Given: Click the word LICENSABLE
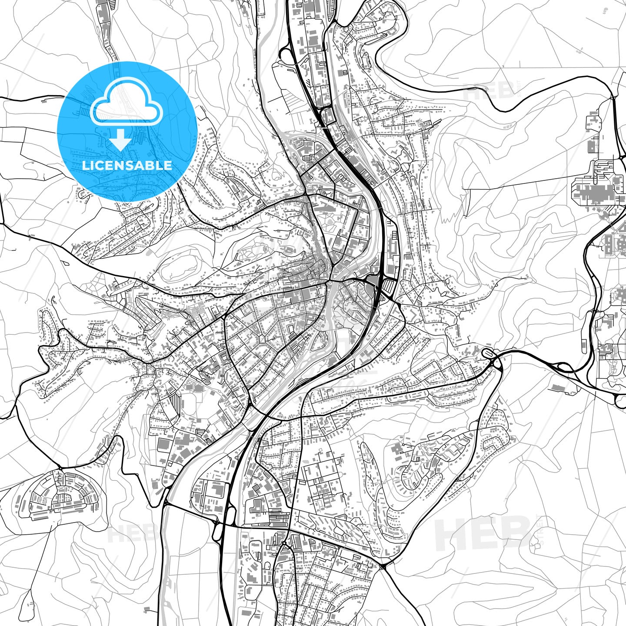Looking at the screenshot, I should [x=127, y=166].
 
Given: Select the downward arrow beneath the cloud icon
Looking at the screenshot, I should [x=120, y=140].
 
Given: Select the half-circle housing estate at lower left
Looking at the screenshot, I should [x=59, y=496].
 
